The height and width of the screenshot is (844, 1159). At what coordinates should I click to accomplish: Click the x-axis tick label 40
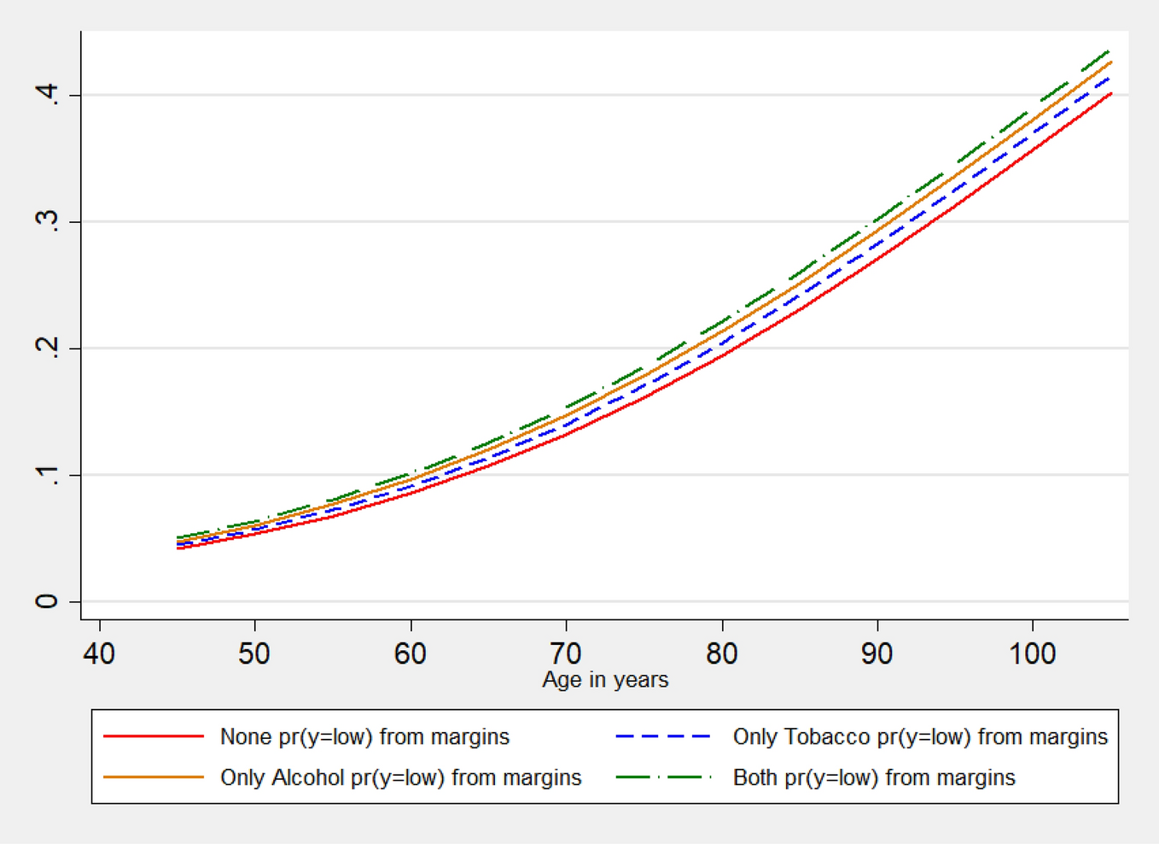[x=99, y=654]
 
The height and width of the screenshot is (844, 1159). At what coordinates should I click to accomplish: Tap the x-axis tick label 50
[x=254, y=654]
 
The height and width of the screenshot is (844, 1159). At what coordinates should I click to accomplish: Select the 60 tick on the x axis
[x=411, y=654]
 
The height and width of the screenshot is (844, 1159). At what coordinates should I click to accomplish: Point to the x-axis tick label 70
[x=566, y=654]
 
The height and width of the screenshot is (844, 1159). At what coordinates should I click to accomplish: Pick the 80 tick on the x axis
[x=722, y=654]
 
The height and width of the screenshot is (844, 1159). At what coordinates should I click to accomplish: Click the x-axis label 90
[x=877, y=654]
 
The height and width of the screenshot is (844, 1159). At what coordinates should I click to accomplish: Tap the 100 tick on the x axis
[x=1033, y=654]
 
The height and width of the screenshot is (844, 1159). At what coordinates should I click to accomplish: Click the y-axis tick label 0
[x=47, y=601]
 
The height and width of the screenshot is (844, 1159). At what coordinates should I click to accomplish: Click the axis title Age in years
[x=605, y=680]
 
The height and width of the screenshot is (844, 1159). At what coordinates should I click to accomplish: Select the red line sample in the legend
[x=154, y=736]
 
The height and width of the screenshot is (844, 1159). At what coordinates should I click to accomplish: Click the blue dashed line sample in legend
[x=664, y=736]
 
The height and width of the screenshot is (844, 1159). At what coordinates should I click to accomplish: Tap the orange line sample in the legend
[x=154, y=777]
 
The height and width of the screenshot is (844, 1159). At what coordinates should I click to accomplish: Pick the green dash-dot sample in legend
[x=664, y=777]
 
